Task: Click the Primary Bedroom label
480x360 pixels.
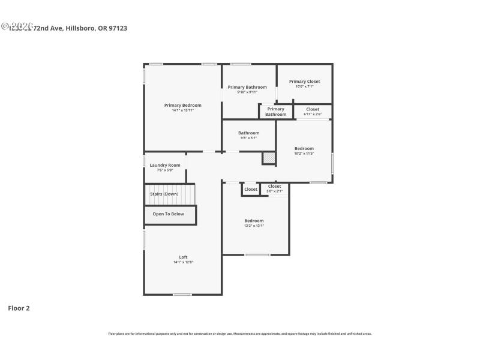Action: [x=183, y=105]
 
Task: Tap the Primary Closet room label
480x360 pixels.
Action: [x=304, y=82]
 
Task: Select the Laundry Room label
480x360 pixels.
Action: [x=165, y=165]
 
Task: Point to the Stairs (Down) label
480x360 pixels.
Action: [x=164, y=194]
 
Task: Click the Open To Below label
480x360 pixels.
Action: [x=168, y=214]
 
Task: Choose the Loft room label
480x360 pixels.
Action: [x=183, y=257]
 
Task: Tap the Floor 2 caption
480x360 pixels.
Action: [x=19, y=308]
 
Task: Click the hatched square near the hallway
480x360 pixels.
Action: [x=269, y=158]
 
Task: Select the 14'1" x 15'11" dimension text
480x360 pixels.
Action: [x=183, y=110]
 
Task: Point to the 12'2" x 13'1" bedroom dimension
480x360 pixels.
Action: [x=253, y=226]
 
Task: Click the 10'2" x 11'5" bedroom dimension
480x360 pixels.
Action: [x=304, y=154]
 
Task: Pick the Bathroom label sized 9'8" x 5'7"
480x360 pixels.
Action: [x=248, y=133]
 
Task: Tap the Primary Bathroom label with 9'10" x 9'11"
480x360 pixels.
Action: [x=247, y=87]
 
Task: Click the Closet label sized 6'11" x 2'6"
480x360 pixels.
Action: [x=313, y=109]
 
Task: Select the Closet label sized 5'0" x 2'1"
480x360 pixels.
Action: [x=274, y=186]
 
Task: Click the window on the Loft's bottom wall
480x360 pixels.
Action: [x=182, y=295]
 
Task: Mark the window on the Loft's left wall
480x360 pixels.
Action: [x=144, y=240]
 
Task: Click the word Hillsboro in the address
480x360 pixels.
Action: [x=80, y=28]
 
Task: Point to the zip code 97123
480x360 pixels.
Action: [x=118, y=28]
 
